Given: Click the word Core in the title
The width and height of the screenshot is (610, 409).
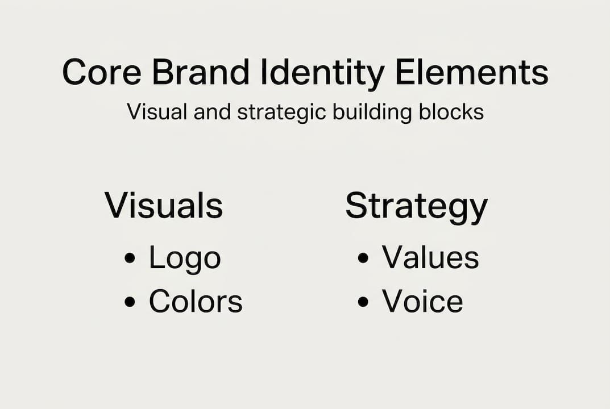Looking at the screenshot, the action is tap(102, 72).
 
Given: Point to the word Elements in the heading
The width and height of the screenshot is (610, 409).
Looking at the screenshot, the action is tap(471, 72).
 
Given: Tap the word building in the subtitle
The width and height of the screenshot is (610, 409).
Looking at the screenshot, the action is tap(372, 112).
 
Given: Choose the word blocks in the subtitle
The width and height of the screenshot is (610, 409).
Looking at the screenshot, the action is tap(451, 111).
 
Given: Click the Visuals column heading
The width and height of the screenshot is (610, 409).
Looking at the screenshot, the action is tap(164, 205).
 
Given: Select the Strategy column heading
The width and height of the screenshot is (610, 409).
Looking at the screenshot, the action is tap(416, 207).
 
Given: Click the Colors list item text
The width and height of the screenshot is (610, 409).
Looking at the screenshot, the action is tap(196, 301).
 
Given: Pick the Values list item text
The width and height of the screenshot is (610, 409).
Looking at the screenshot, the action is tap(430, 257).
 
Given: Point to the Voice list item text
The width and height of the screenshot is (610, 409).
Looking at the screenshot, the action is tap(422, 301).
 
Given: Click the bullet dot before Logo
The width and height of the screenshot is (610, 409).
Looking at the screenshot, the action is tap(130, 258).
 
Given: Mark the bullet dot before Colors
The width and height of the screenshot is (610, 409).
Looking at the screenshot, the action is tap(130, 301).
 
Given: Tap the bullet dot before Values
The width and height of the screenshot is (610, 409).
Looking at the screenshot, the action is tap(363, 258).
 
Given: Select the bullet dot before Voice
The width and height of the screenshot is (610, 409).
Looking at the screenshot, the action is tap(363, 301).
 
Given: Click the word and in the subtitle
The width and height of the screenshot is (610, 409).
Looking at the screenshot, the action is tap(213, 111).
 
